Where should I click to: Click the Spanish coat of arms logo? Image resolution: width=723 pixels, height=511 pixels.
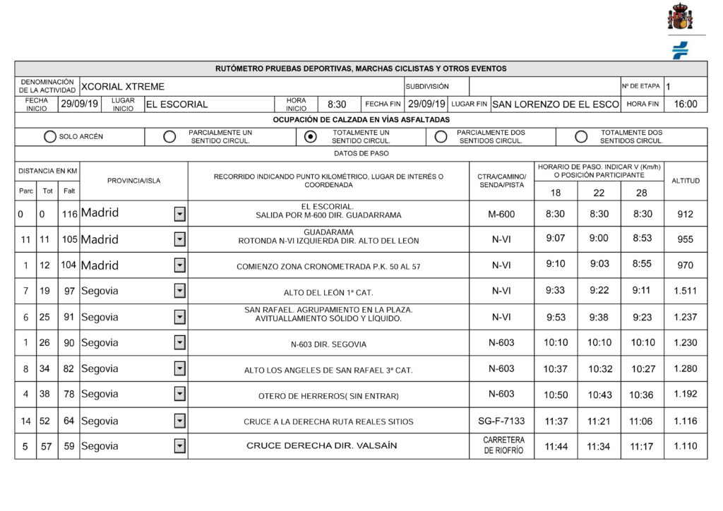click(680, 17)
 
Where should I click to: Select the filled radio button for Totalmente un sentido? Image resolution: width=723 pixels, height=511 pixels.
click(310, 137)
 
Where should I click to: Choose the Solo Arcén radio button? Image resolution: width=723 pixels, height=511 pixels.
click(50, 137)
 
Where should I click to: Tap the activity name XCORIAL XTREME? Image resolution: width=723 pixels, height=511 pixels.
click(124, 87)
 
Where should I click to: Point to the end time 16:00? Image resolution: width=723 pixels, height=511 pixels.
click(685, 104)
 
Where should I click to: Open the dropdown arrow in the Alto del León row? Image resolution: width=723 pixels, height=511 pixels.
click(180, 291)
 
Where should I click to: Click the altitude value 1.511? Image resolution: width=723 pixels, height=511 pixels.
click(685, 291)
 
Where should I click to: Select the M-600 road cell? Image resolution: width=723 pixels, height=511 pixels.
click(501, 214)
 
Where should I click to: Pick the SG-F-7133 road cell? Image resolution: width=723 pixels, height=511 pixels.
click(501, 421)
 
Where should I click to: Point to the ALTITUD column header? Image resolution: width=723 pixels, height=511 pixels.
click(685, 181)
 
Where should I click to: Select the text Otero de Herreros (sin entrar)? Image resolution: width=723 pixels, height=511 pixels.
click(328, 395)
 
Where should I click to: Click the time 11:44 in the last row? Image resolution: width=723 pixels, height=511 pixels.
click(556, 447)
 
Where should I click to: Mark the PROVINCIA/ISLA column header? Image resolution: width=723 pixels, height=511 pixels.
click(133, 181)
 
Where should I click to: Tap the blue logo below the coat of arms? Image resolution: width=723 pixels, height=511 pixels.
click(680, 51)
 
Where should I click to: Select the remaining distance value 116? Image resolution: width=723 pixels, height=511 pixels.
click(68, 214)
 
